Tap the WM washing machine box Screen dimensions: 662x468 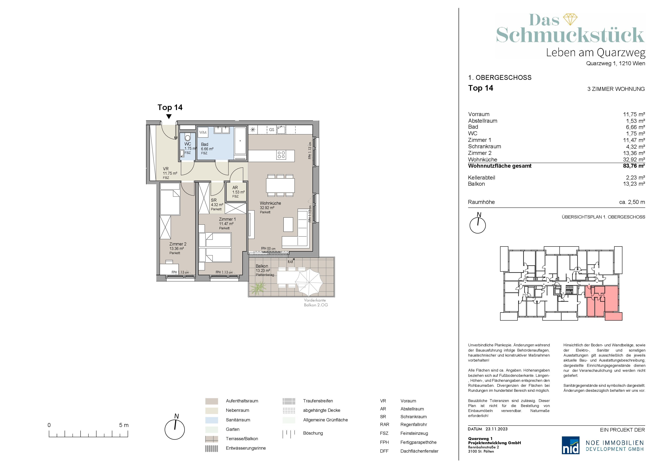click(x=203, y=133)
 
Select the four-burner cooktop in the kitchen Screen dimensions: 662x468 click(x=281, y=155)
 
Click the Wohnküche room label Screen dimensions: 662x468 click(x=270, y=203)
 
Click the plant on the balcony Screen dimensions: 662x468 click(x=258, y=288)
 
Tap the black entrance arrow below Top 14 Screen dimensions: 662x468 click(x=169, y=116)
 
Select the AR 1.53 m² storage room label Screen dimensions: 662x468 click(x=238, y=192)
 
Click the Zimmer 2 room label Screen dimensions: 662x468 click(x=178, y=244)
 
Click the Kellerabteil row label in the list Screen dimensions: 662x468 click(x=481, y=177)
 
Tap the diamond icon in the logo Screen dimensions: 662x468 click(x=570, y=19)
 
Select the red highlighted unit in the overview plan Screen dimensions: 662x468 click(x=602, y=302)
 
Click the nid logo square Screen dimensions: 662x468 click(x=571, y=445)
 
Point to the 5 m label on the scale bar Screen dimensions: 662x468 click(x=124, y=425)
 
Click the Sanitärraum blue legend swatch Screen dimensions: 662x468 click(x=212, y=420)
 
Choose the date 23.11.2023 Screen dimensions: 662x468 click(x=496, y=429)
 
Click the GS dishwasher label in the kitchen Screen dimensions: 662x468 click(x=272, y=130)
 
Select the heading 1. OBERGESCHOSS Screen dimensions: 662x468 click(x=500, y=77)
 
